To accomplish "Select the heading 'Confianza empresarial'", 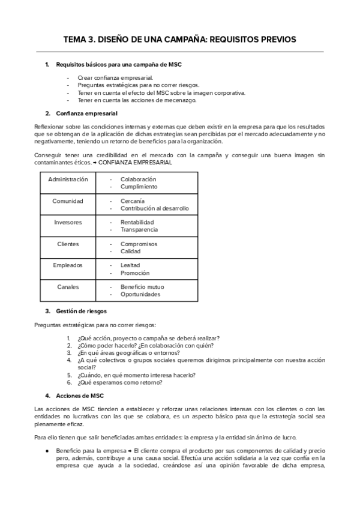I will point(86,113).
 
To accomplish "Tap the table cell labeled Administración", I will point(68,179).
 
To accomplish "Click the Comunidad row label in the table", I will point(68,201).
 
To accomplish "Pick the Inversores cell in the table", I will point(68,222).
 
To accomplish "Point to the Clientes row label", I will point(68,244).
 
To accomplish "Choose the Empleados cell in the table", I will point(68,265).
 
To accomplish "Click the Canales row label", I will point(68,287).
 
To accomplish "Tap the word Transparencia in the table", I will point(139,230).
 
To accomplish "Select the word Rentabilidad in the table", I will point(137,223).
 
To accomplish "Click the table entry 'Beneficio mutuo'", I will point(142,288).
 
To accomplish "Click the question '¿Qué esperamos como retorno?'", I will point(119,382).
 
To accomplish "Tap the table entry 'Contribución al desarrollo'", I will point(154,208).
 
